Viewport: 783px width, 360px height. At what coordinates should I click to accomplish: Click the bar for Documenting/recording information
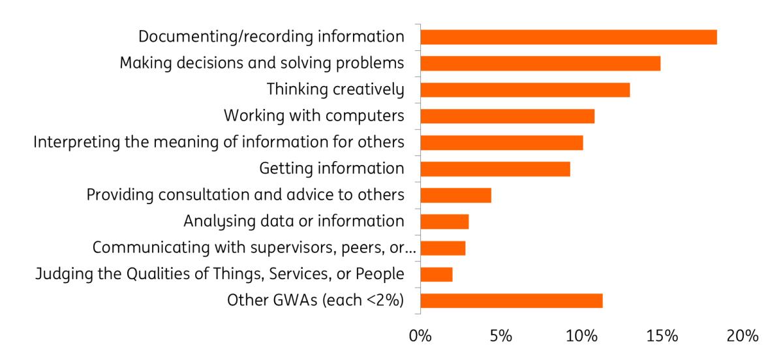tap(568, 37)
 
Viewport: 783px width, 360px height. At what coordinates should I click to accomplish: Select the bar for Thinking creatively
tap(525, 89)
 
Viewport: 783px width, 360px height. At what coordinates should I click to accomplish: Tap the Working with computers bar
tap(508, 116)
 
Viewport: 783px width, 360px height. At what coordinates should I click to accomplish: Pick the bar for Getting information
tap(495, 169)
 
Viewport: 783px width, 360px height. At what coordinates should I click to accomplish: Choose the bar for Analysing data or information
tap(444, 222)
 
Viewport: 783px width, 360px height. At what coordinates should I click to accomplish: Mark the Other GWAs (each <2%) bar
tap(512, 301)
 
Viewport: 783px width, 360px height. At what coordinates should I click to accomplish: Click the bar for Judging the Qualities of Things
tap(437, 275)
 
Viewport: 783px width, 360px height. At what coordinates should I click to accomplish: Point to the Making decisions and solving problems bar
tap(540, 63)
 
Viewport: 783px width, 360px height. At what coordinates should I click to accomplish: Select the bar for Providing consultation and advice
tap(455, 195)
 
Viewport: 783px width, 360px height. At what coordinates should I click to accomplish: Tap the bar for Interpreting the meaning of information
tap(502, 142)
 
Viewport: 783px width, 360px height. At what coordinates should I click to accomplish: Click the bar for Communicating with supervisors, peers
tap(443, 248)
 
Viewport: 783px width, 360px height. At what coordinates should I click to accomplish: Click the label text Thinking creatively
tap(335, 89)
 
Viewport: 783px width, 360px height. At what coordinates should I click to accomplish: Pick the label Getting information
tap(331, 169)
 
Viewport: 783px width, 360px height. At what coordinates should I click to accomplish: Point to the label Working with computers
tap(313, 116)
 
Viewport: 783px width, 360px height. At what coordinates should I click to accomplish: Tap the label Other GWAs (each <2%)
tap(315, 301)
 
